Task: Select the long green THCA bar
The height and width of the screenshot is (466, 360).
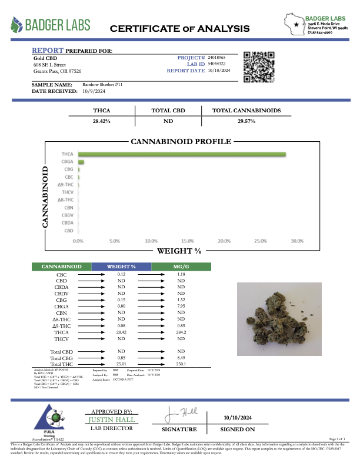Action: pos(182,155)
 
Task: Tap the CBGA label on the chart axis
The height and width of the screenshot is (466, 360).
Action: pos(68,162)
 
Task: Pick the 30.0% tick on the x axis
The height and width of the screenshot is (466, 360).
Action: pos(296,241)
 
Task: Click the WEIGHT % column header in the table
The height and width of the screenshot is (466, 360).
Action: pos(122,267)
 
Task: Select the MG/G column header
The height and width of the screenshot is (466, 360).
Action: pos(181,267)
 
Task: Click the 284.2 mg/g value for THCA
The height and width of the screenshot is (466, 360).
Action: pos(181,331)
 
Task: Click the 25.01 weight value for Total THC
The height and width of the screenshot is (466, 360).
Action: pos(122,365)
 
